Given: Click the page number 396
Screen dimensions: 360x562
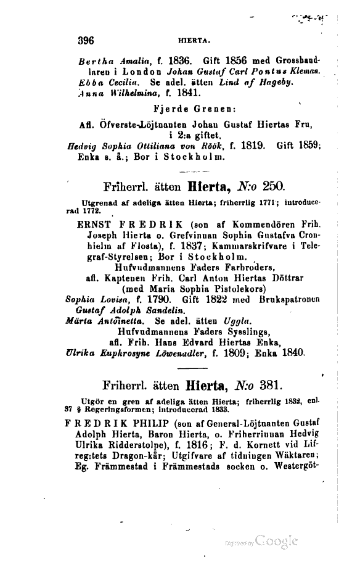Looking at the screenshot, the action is pyautogui.click(x=82, y=41).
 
